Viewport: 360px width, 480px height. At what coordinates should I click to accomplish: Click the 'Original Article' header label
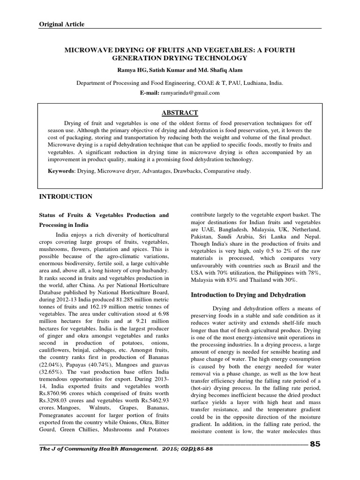click(61, 24)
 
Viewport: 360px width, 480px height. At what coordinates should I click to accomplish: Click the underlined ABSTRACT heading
click(180, 112)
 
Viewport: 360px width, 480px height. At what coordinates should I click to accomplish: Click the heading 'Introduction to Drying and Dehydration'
click(247, 295)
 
